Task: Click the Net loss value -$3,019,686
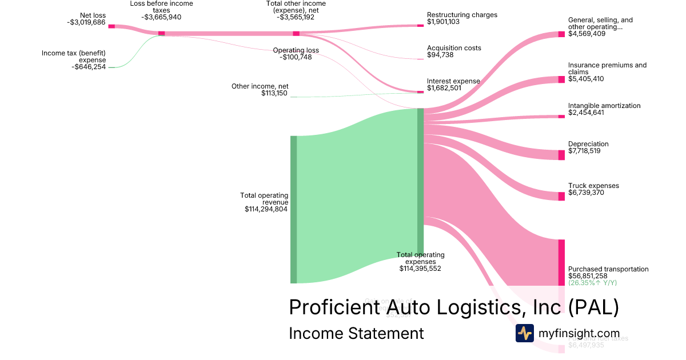pos(86,23)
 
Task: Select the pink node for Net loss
pos(111,26)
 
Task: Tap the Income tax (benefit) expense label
pos(74,57)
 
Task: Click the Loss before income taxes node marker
pos(161,33)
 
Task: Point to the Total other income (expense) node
pos(296,34)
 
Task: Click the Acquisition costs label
pos(454,48)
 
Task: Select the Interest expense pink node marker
pos(420,91)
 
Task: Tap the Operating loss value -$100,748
pos(296,57)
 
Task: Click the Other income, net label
pos(260,86)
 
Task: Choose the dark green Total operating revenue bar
pos(294,209)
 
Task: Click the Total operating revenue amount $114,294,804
pos(266,209)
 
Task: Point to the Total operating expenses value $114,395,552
pos(420,268)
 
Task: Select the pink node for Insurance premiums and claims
pos(561,79)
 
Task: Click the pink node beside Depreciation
pos(561,155)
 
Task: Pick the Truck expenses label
pos(593,186)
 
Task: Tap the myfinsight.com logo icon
pos(524,333)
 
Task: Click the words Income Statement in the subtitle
pos(356,333)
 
